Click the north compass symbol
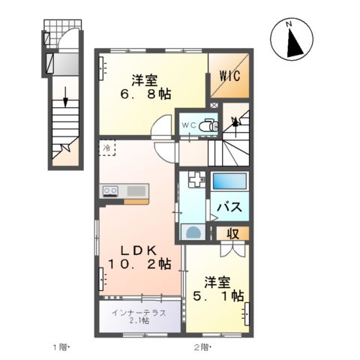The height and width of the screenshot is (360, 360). pos(295,40)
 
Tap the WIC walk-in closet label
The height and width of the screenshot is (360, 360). pos(230,76)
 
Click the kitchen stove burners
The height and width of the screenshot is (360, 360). pos(109,191)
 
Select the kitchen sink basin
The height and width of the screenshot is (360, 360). pos(135,191)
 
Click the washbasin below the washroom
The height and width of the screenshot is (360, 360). pos(192,232)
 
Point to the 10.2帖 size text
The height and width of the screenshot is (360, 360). pos(139,265)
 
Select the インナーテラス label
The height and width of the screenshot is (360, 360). pos(139,311)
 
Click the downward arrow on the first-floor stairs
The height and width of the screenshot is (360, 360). pos(65,97)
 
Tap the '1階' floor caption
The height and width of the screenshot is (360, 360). pos(61,347)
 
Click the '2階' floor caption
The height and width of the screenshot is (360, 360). pos(202,347)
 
